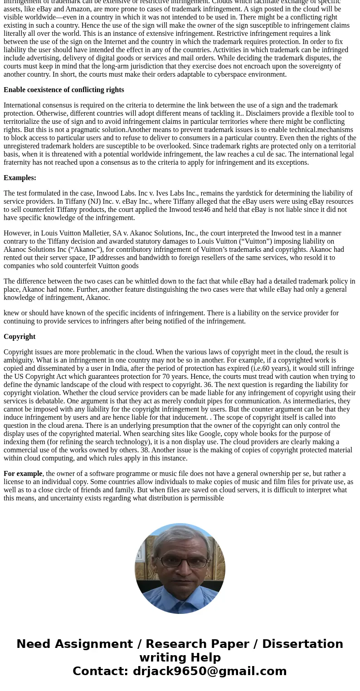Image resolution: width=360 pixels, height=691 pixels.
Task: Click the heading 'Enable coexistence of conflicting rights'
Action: [63, 90]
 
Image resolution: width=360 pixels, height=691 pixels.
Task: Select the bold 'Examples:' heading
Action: [20, 178]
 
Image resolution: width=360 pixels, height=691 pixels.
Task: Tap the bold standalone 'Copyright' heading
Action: [19, 337]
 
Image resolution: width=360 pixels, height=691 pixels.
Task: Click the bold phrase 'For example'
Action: [23, 474]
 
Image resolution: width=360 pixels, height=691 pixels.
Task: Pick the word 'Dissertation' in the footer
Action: [302, 644]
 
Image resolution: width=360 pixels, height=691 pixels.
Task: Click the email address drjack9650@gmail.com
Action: [209, 671]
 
